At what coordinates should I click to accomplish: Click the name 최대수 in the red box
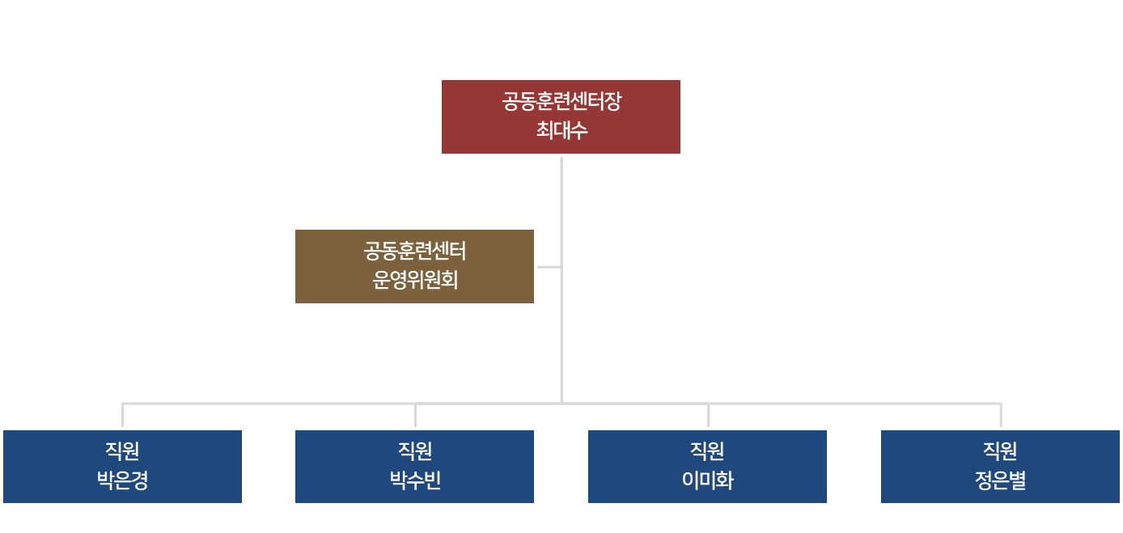pos(561,129)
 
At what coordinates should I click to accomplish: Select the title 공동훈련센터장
pos(561,102)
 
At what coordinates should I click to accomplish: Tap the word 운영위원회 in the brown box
pos(415,280)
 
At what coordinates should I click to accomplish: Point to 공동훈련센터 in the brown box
pos(415,252)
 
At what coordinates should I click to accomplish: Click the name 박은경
pos(122,480)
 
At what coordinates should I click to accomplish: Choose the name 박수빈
pos(415,480)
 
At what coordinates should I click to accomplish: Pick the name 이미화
pos(708,480)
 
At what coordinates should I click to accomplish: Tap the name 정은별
pos(1000,480)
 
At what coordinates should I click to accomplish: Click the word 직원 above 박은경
pos(122,451)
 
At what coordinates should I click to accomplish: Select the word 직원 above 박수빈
pos(415,451)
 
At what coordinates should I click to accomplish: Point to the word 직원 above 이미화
pos(708,451)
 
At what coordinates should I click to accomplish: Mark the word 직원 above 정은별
pos(1000,451)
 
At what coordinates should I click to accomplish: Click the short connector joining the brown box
pos(548,266)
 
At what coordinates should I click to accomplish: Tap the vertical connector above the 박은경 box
pos(122,415)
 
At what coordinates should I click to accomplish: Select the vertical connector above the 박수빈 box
pos(415,415)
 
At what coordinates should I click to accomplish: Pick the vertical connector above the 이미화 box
pos(708,415)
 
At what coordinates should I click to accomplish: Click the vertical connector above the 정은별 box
pos(1000,415)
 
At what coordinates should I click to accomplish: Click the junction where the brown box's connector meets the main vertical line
pos(561,266)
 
